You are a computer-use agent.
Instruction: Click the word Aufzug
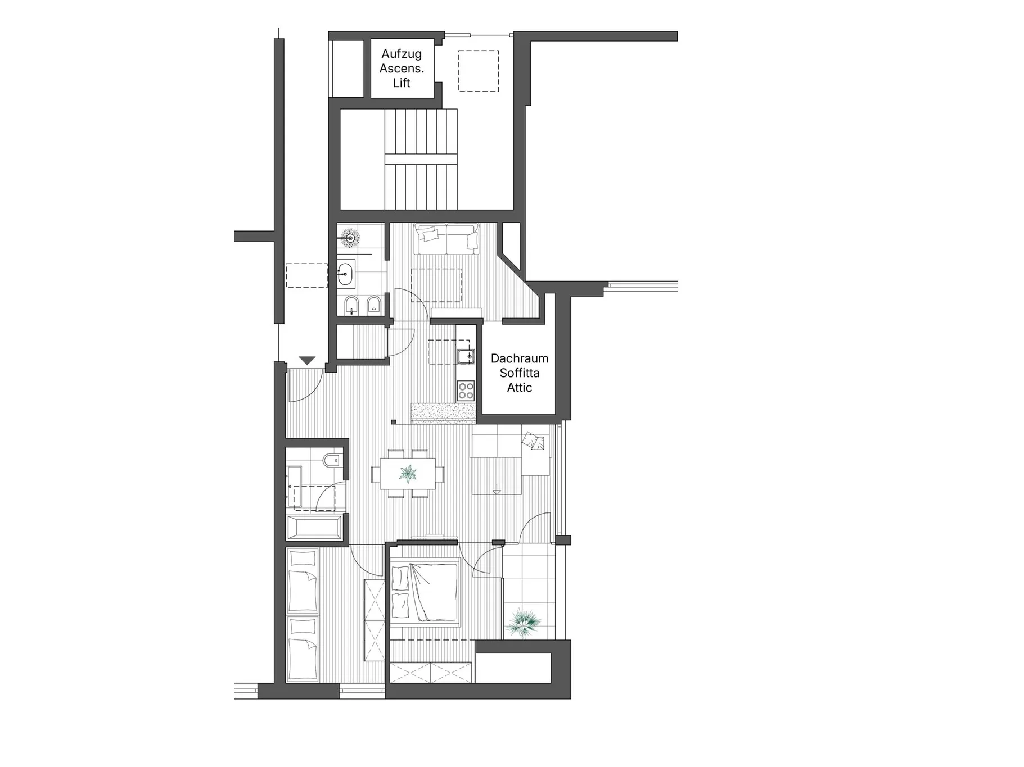(401, 54)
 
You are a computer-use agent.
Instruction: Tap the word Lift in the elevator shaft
(402, 83)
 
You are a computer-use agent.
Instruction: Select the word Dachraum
(519, 358)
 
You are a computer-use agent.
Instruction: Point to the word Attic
(519, 388)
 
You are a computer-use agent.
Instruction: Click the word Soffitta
(519, 373)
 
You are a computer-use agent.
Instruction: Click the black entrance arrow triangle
(307, 360)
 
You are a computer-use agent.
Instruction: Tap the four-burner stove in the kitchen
(466, 391)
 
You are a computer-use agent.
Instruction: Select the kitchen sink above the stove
(466, 356)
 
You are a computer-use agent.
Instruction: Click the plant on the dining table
(408, 474)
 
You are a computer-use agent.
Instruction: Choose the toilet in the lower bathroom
(332, 461)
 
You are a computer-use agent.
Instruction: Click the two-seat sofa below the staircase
(446, 238)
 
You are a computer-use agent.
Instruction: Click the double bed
(425, 593)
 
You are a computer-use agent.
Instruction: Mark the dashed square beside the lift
(479, 71)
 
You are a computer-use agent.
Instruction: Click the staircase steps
(421, 160)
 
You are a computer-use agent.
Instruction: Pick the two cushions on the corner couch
(533, 441)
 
